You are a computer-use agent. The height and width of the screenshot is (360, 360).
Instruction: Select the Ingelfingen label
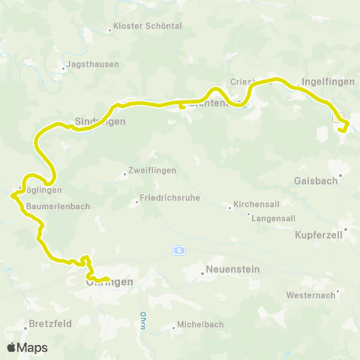pyautogui.click(x=325, y=81)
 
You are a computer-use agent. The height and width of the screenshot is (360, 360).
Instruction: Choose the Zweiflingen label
pyautogui.click(x=153, y=170)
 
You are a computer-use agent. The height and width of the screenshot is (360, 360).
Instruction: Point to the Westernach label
pyautogui.click(x=310, y=295)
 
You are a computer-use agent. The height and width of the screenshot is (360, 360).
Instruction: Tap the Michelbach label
pyautogui.click(x=200, y=325)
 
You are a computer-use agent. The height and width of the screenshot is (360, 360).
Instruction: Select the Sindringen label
pyautogui.click(x=100, y=121)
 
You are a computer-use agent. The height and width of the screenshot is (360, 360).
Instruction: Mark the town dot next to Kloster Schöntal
pyautogui.click(x=109, y=29)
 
